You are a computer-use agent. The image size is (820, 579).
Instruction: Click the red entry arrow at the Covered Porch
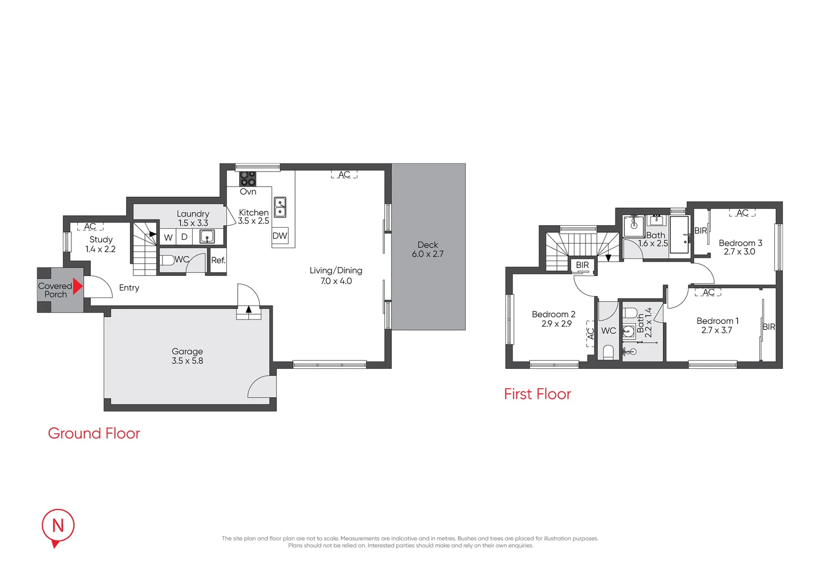77,286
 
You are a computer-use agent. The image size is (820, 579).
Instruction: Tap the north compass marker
58,528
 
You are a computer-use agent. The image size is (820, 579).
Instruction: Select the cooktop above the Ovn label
248,179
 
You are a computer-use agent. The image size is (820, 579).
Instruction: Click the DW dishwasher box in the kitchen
280,235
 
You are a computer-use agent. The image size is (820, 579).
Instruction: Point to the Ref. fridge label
218,260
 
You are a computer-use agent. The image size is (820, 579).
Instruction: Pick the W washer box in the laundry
168,237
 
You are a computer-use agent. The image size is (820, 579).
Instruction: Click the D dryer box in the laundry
184,237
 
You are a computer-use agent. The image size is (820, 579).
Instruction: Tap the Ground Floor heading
94,433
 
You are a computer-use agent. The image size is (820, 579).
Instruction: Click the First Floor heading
537,394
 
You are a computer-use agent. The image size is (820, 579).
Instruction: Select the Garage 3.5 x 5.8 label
187,356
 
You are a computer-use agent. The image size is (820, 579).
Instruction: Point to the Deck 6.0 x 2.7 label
428,249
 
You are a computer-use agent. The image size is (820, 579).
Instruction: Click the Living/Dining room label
336,270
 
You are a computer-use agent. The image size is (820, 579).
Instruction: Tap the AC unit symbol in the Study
90,226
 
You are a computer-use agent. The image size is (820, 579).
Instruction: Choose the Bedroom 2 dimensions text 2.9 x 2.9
557,324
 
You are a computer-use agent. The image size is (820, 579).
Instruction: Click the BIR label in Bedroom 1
768,326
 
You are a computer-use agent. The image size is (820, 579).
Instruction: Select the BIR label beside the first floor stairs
582,265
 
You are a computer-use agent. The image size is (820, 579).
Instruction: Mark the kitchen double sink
280,207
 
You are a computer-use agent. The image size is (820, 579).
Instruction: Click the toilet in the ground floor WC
167,260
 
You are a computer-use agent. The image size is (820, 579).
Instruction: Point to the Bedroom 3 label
740,243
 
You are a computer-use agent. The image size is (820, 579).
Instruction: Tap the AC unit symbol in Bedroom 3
742,212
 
